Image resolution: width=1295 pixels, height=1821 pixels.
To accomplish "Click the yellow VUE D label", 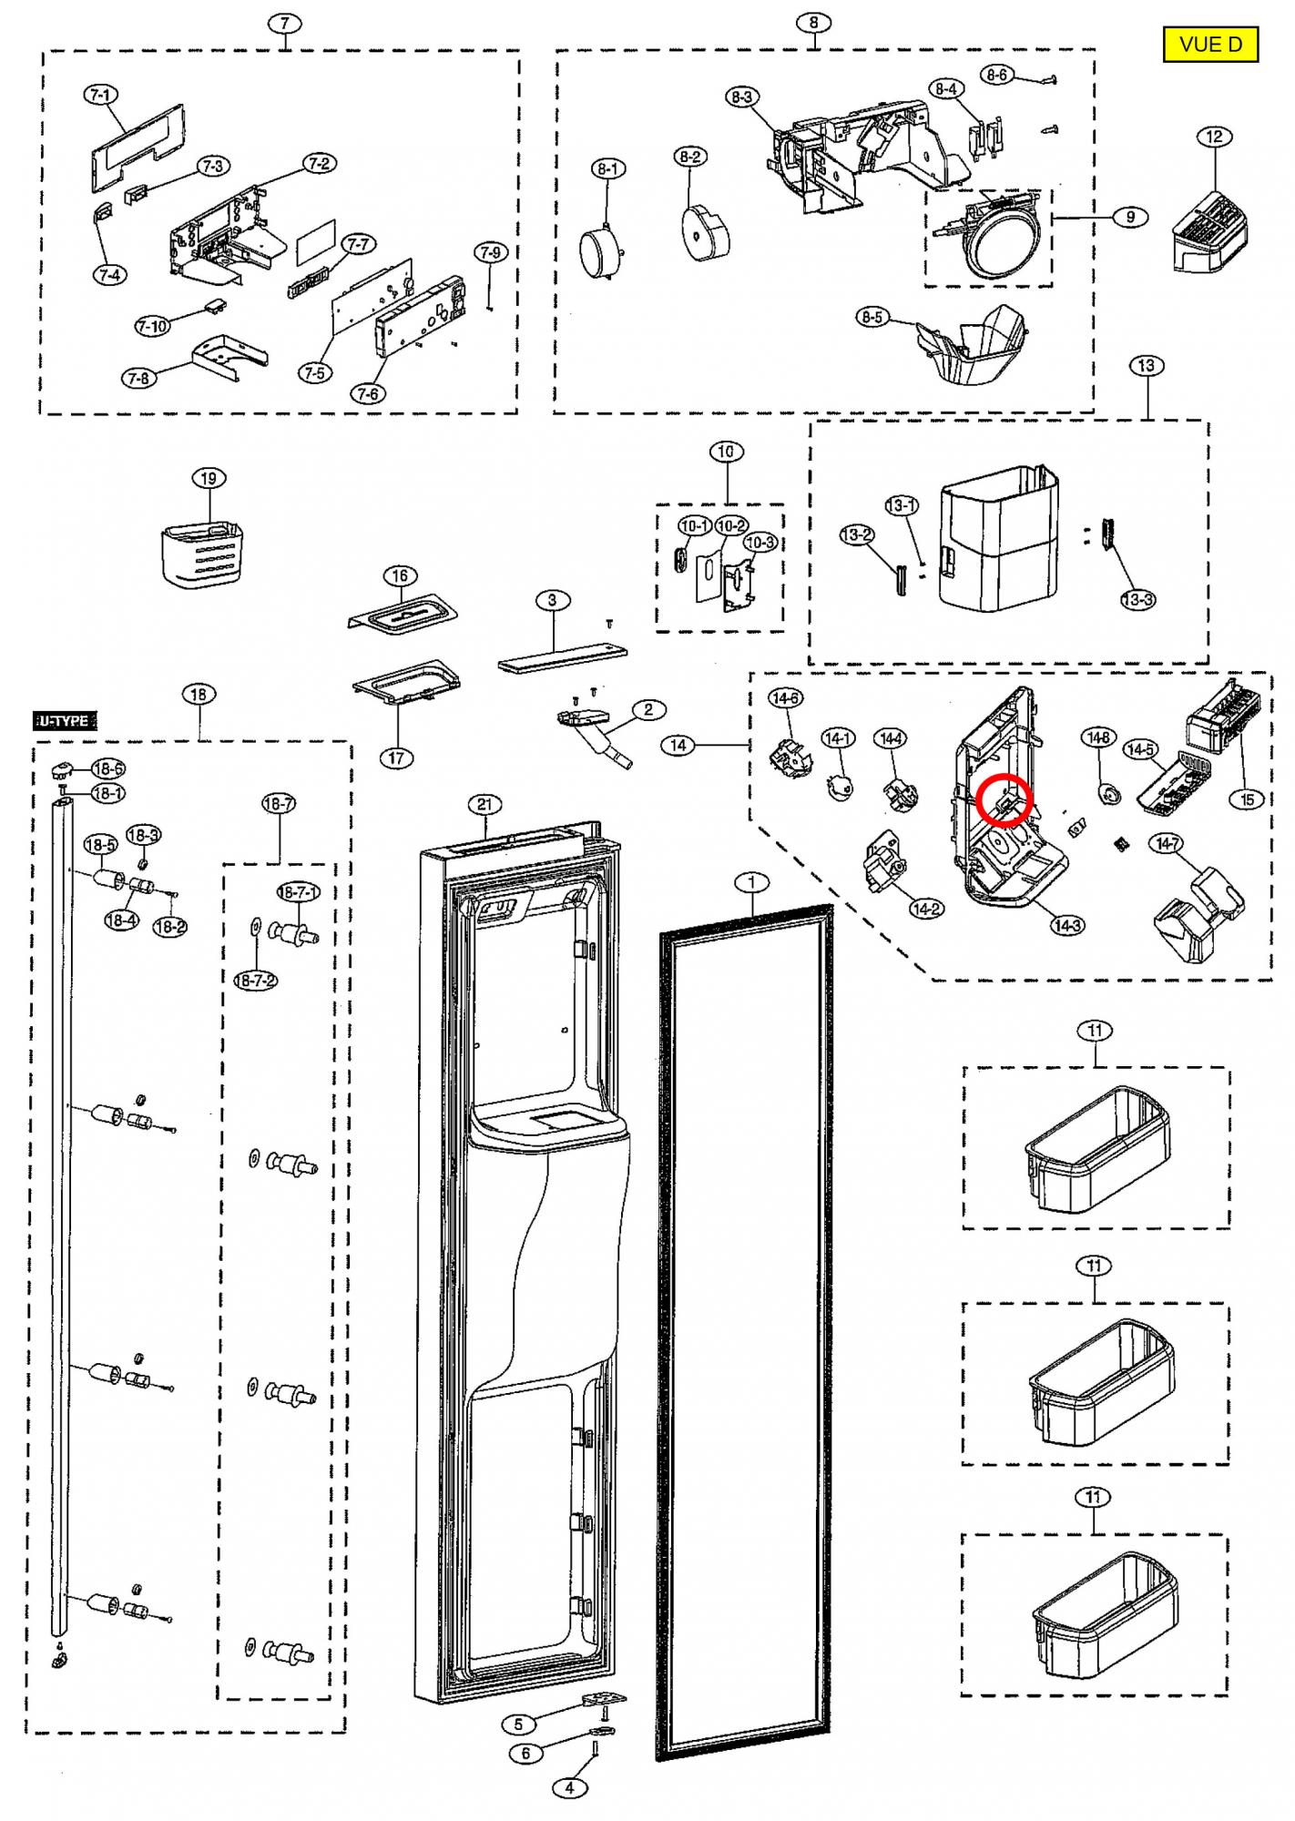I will (1210, 44).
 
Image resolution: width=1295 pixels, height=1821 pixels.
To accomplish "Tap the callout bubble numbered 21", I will (484, 804).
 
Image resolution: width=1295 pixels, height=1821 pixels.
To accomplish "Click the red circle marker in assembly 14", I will (1003, 798).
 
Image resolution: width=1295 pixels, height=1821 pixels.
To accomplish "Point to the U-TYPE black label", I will (65, 721).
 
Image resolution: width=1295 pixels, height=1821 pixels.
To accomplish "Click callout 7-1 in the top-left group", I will (100, 95).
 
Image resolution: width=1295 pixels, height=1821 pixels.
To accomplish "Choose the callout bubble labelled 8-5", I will (872, 318).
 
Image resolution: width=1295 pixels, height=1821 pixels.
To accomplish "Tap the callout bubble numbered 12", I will (1214, 137).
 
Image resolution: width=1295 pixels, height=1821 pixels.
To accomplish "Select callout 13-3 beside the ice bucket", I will (1137, 599).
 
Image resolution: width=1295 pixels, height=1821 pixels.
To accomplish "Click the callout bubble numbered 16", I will (400, 575).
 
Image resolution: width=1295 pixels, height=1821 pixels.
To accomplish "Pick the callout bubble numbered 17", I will (398, 758).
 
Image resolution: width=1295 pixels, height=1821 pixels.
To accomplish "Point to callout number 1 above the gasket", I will (751, 882).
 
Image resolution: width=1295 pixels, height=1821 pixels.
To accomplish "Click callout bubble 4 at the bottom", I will (569, 1787).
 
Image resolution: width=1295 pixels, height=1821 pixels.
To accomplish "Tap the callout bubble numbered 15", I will (1247, 799).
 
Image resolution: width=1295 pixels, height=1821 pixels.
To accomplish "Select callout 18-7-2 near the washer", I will (256, 981).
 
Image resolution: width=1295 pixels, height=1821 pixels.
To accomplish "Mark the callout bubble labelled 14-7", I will (1168, 843).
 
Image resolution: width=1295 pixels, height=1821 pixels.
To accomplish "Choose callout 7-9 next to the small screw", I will (490, 252).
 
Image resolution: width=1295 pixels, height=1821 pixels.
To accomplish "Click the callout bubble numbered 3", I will (552, 600).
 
